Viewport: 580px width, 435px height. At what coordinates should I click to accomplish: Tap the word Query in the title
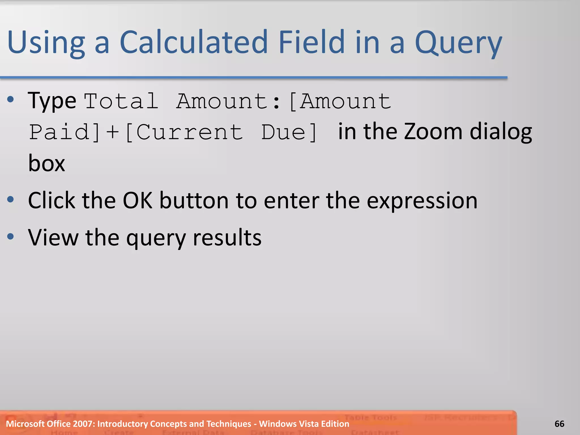[458, 42]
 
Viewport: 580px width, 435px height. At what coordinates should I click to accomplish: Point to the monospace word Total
[121, 101]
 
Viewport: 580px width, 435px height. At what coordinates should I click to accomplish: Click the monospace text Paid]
[65, 132]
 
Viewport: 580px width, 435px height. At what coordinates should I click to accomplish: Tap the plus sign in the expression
[112, 132]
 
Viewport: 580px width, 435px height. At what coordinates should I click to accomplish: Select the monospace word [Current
[184, 132]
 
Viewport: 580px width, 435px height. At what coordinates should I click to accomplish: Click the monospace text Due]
[289, 132]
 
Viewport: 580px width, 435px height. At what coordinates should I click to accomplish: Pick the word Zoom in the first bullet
[433, 131]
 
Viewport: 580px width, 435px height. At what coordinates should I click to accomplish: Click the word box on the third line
[46, 163]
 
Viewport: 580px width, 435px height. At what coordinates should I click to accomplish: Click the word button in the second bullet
[194, 201]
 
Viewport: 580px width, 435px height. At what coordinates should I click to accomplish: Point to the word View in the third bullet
[53, 237]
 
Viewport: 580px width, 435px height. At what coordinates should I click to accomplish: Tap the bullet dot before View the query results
[10, 236]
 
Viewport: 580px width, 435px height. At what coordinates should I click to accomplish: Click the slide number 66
[559, 424]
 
